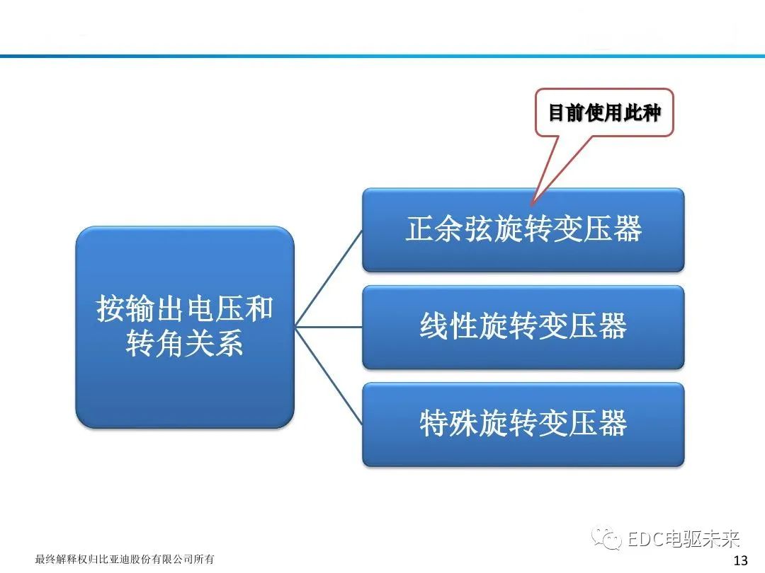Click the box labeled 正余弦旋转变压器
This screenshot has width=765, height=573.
point(523,229)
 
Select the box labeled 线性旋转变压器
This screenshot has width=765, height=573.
point(523,327)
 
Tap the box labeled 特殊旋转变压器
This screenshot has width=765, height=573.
point(523,424)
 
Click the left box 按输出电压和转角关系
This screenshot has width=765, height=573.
point(184,327)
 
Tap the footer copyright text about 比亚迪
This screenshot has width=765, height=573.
point(125,560)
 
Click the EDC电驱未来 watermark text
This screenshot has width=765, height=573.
point(684,540)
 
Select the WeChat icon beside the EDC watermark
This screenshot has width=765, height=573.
point(609,540)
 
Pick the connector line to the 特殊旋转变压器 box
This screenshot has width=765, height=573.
point(329,376)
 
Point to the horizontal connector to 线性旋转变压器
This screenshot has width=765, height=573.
point(329,327)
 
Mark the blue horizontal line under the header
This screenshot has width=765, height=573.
point(382,55)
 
